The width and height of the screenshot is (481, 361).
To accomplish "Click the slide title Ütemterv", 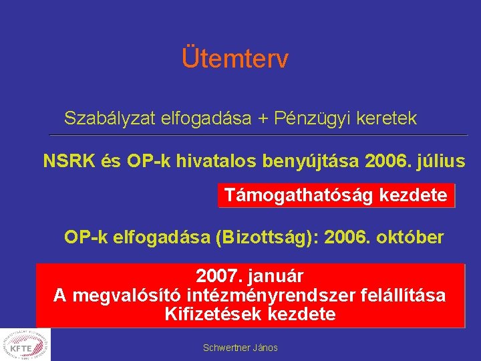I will tap(234, 59).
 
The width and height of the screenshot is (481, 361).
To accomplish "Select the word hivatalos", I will tap(214, 161).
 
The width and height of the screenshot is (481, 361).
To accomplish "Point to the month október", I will tap(412, 237).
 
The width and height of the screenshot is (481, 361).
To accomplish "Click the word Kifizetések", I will tap(213, 314).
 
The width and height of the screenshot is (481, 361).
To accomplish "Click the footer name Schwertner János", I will tap(240, 348).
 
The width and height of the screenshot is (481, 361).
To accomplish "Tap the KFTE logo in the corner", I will tap(25, 344).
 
